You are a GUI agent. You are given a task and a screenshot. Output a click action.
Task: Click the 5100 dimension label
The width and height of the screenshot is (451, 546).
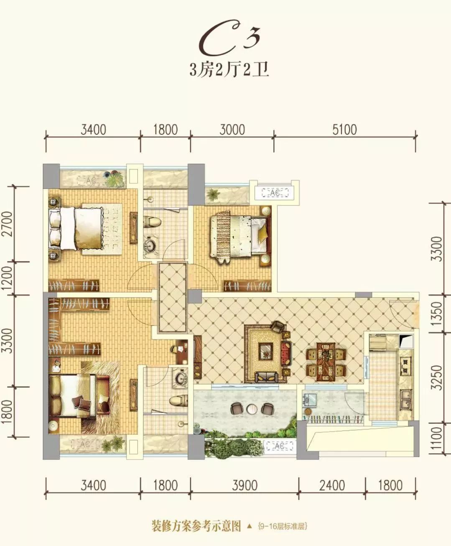coord(344,130)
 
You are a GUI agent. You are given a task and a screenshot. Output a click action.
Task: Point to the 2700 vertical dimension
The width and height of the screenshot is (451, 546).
coord(7,224)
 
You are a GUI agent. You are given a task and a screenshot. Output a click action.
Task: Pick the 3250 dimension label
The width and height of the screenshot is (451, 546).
coord(436,378)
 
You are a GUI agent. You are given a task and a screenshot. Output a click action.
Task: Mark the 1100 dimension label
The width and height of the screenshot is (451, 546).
coord(436,439)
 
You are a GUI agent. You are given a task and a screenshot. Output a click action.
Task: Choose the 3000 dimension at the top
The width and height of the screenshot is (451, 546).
coord(232,130)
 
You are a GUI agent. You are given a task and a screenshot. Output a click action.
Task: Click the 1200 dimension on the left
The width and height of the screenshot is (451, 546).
coord(7,278)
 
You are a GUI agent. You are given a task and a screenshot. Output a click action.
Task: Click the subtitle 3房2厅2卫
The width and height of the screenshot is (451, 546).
coord(229,70)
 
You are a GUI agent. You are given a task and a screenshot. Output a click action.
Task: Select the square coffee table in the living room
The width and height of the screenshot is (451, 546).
coord(266,352)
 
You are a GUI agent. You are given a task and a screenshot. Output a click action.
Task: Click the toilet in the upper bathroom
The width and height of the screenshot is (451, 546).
coord(152,222)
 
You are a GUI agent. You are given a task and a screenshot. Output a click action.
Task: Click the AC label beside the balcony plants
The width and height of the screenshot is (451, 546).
coord(280,446)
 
